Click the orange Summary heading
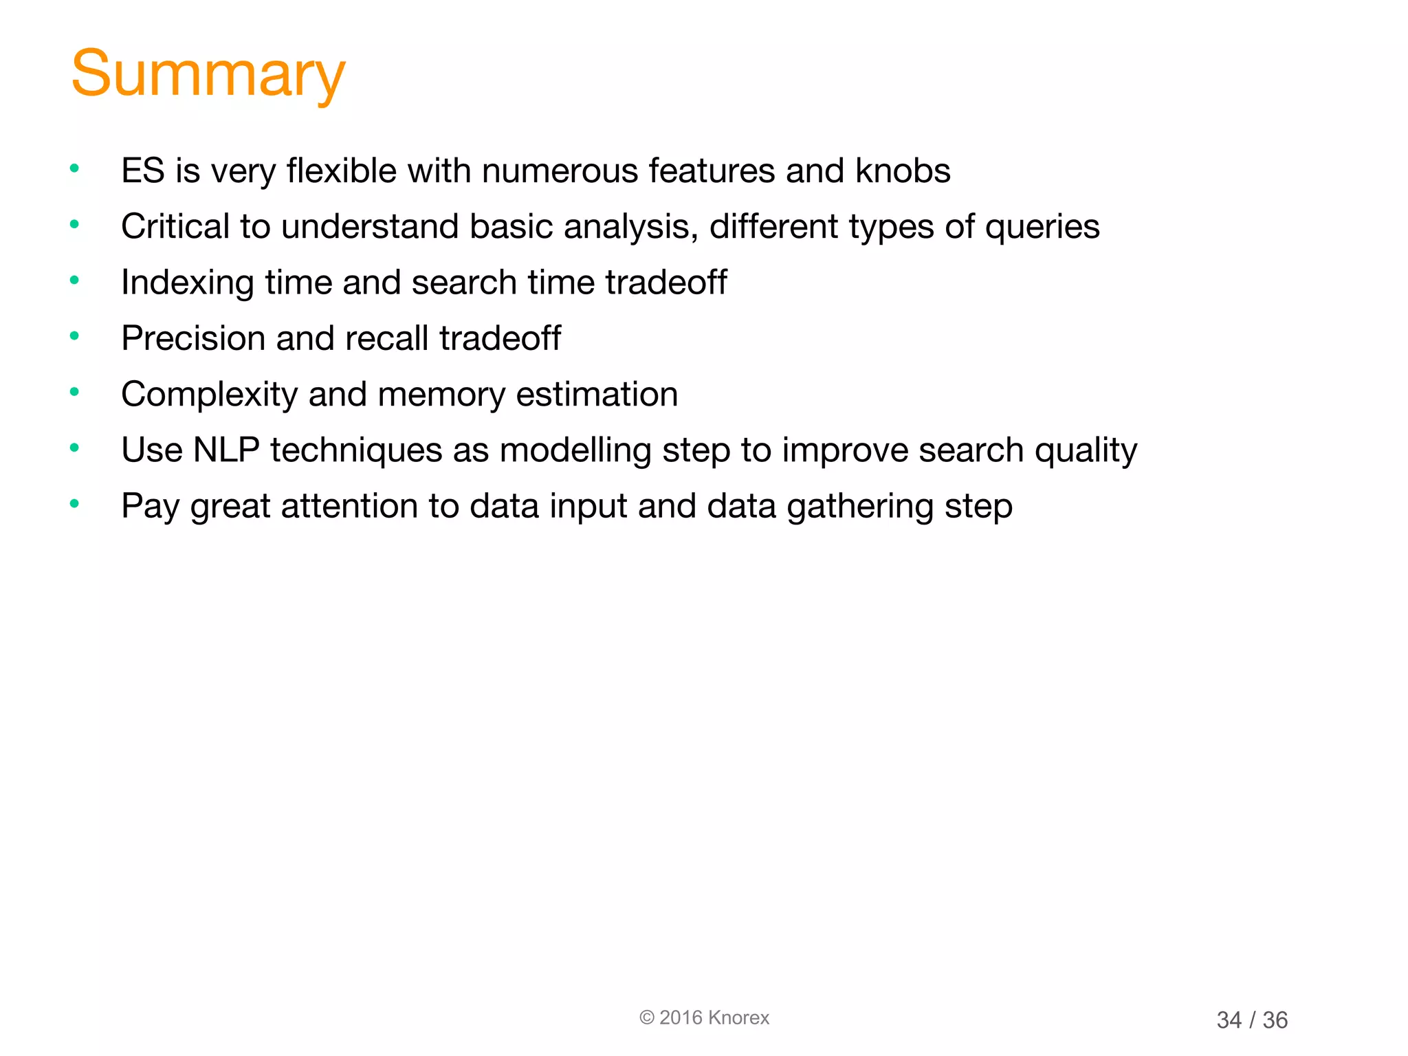pyautogui.click(x=208, y=74)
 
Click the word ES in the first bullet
pyautogui.click(x=142, y=170)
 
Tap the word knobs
pyautogui.click(x=902, y=170)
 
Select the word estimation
pyautogui.click(x=596, y=394)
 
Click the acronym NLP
pyautogui.click(x=225, y=450)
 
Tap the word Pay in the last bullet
pyautogui.click(x=150, y=507)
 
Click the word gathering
pyautogui.click(x=860, y=507)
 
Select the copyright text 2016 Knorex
pyautogui.click(x=705, y=1017)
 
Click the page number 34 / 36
pyautogui.click(x=1251, y=1020)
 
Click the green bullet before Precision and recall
pyautogui.click(x=74, y=336)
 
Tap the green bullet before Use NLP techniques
pyautogui.click(x=74, y=448)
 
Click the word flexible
pyautogui.click(x=342, y=170)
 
